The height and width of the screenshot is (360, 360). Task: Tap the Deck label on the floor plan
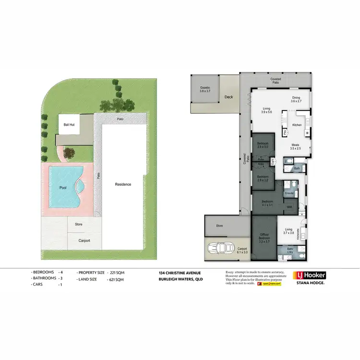click(x=228, y=97)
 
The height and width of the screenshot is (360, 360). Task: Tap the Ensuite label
click(x=289, y=193)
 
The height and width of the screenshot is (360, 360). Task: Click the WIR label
click(x=289, y=207)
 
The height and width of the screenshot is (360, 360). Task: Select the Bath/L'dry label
click(x=290, y=251)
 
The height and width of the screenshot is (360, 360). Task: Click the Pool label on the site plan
click(x=62, y=188)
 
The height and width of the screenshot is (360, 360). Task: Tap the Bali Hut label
click(x=69, y=124)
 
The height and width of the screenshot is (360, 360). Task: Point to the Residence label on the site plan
click(x=122, y=184)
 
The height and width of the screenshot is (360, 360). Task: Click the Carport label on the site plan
click(x=84, y=240)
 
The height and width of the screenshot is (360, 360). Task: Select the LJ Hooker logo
click(x=310, y=276)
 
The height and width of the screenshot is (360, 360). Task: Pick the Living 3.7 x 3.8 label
click(x=289, y=231)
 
